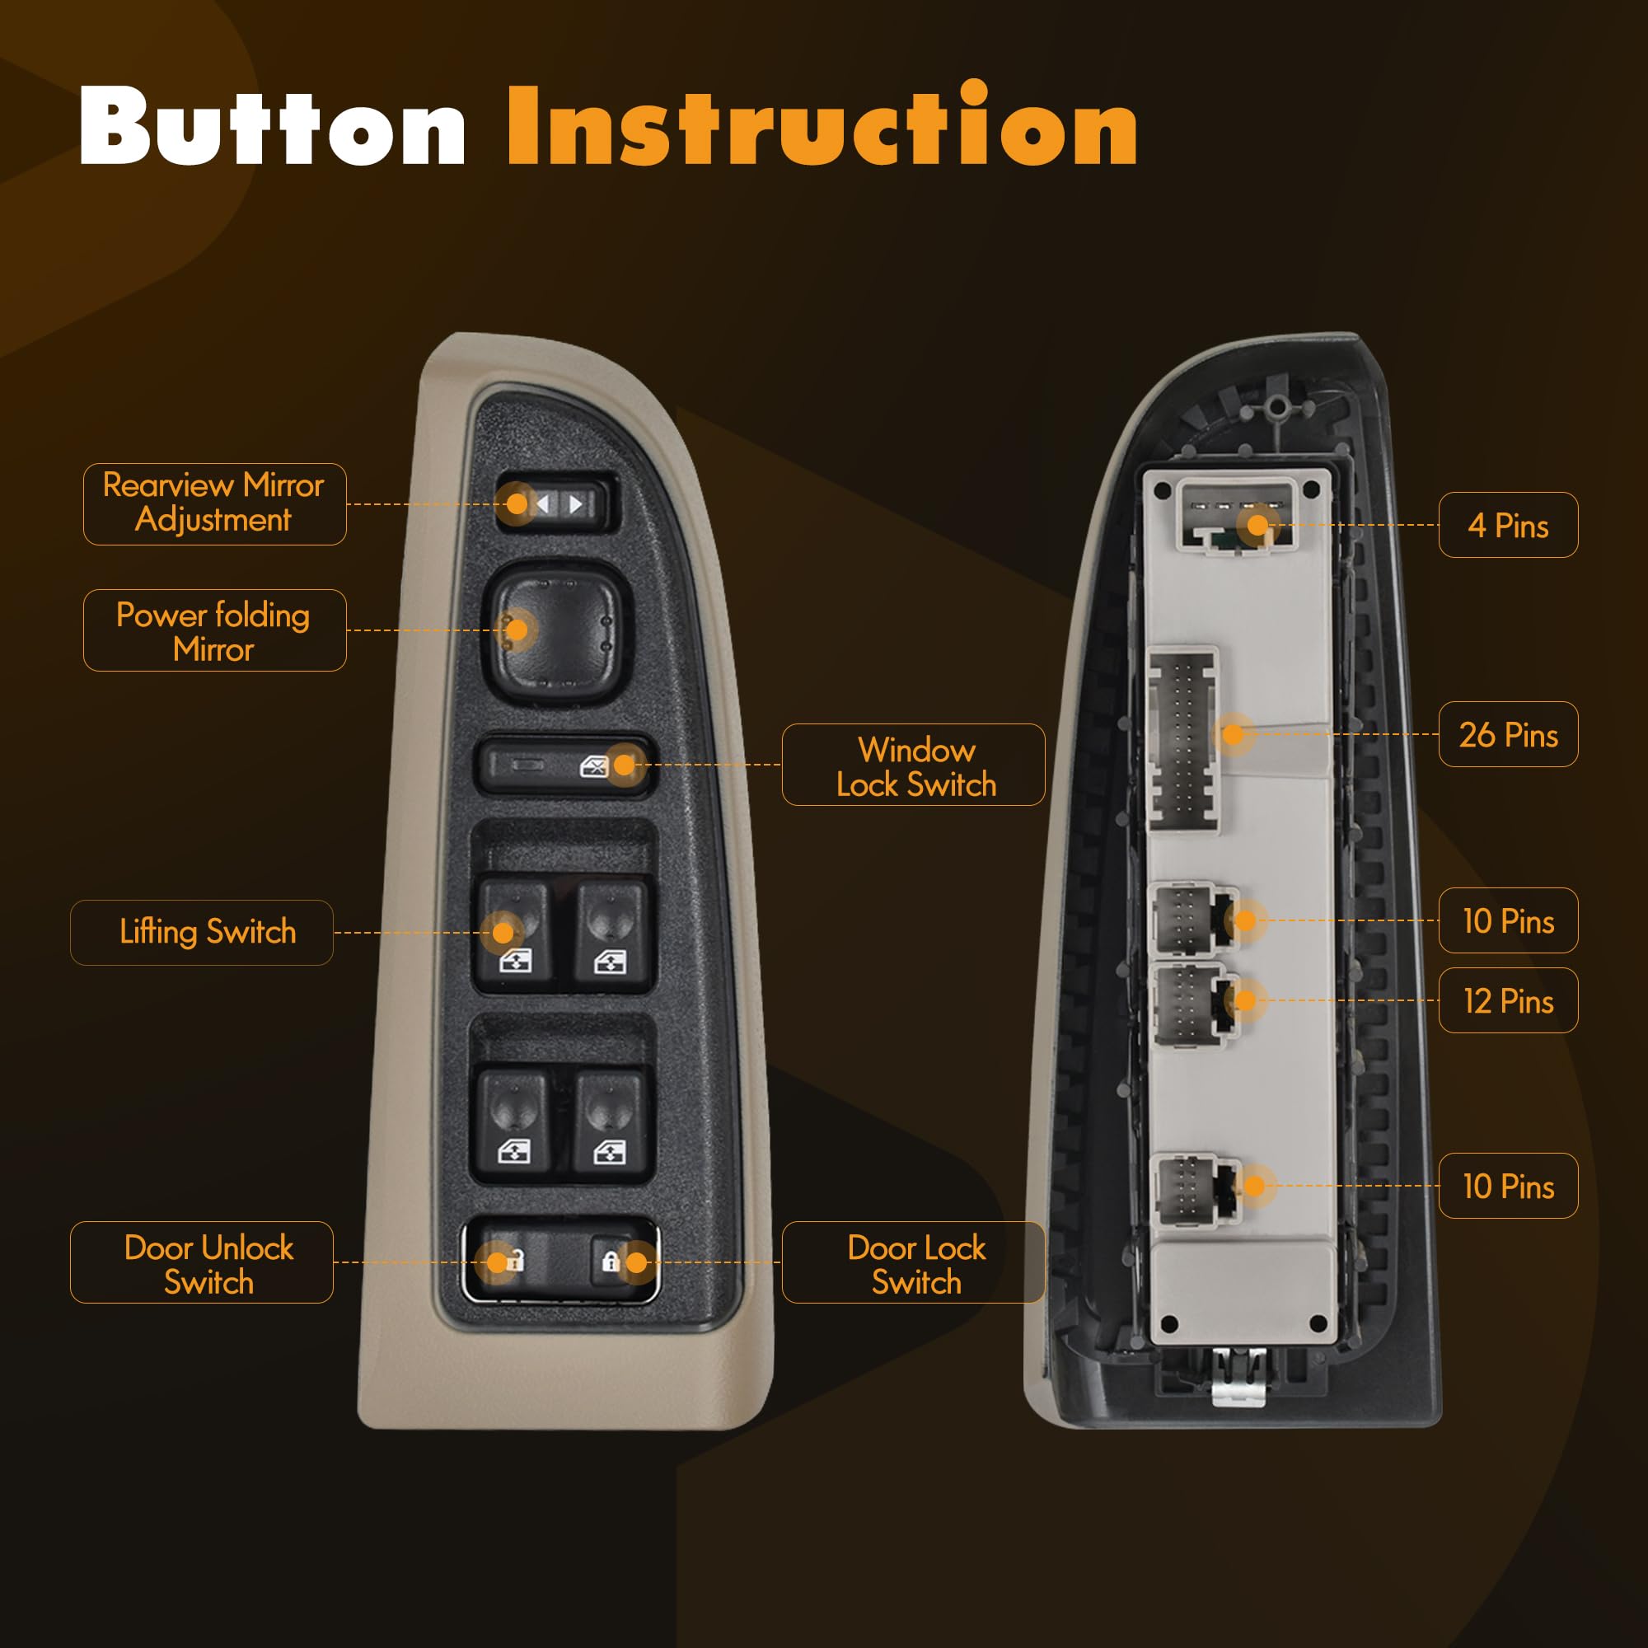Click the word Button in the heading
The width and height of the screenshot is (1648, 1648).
pyautogui.click(x=272, y=125)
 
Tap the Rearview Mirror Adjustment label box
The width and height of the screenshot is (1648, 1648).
pyautogui.click(x=215, y=504)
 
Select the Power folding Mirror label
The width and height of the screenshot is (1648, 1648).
pyautogui.click(x=215, y=630)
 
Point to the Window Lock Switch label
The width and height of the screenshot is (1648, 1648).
pyautogui.click(x=914, y=765)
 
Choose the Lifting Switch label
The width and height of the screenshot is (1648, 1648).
pyautogui.click(x=201, y=932)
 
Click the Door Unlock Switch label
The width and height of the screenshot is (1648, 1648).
pyautogui.click(x=201, y=1262)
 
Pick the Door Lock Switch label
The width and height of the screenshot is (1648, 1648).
pyautogui.click(x=914, y=1262)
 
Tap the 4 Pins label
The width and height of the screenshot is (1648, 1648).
pyautogui.click(x=1508, y=525)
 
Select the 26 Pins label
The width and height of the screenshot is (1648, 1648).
pyautogui.click(x=1508, y=733)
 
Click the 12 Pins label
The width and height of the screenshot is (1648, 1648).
pyautogui.click(x=1508, y=1000)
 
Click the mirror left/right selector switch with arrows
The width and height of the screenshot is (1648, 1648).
pyautogui.click(x=555, y=503)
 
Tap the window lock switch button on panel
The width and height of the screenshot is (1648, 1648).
pyautogui.click(x=563, y=765)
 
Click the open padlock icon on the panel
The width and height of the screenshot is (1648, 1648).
pyautogui.click(x=512, y=1260)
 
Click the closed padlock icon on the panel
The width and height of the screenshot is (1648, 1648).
pyautogui.click(x=611, y=1260)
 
